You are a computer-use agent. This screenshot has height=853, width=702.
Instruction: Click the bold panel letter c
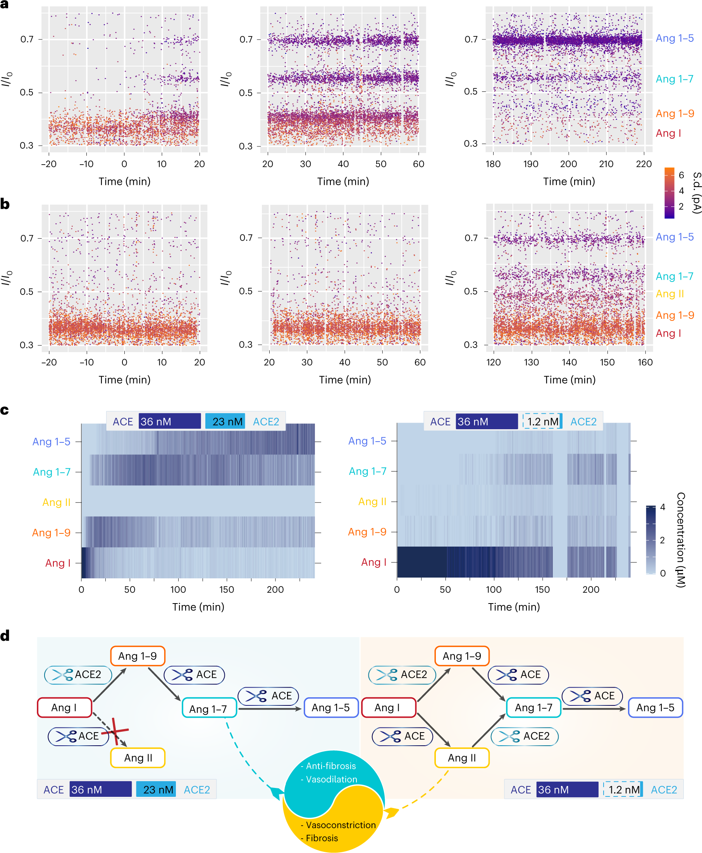(4, 410)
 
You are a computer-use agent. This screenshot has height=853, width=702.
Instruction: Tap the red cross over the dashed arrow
(115, 731)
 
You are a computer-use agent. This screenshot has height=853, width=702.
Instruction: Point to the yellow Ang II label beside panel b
(669, 294)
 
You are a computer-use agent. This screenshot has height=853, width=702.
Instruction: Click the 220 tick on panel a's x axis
(644, 164)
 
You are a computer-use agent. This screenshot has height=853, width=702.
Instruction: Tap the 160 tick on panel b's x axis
(645, 362)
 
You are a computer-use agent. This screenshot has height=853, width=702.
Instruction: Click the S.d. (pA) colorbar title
(696, 193)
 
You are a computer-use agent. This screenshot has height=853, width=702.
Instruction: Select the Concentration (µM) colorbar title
(681, 540)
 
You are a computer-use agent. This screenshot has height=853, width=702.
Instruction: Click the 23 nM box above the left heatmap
(225, 421)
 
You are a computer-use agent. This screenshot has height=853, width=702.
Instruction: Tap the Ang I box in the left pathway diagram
(64, 707)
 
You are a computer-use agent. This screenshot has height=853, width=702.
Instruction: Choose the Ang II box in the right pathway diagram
(462, 758)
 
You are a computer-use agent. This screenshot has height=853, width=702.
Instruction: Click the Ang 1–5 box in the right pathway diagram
(655, 707)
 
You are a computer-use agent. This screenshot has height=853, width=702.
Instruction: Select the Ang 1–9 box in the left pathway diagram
(138, 656)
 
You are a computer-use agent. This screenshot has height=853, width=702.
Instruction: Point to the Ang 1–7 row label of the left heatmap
(52, 472)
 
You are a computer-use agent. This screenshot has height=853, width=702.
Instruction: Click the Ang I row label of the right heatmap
(373, 562)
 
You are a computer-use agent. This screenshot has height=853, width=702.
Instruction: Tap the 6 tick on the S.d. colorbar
(681, 175)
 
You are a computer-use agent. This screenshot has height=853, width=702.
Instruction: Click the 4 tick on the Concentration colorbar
(662, 507)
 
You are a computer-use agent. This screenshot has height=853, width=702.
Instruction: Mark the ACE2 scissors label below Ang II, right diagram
(525, 736)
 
